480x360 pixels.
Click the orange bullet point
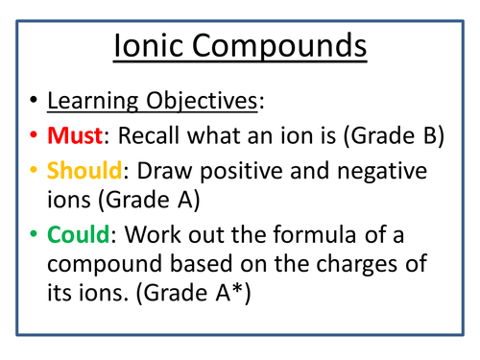click(x=34, y=172)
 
